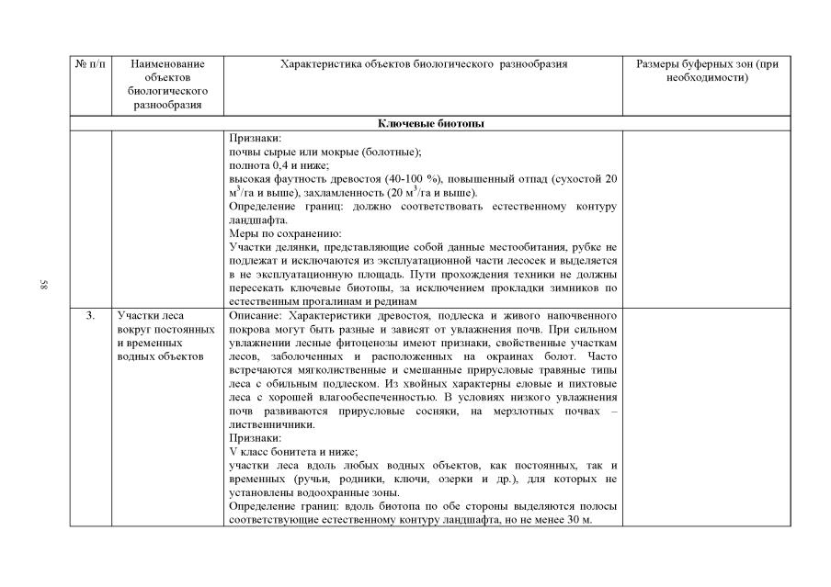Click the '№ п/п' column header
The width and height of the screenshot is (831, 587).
pyautogui.click(x=90, y=64)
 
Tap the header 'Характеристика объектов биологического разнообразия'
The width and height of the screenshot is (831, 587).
pyautogui.click(x=424, y=64)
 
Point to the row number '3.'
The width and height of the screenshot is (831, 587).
pyautogui.click(x=90, y=315)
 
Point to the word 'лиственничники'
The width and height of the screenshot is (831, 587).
pyautogui.click(x=270, y=425)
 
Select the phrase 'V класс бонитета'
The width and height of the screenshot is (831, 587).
pyautogui.click(x=276, y=452)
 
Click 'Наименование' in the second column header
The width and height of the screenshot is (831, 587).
pyautogui.click(x=167, y=64)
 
